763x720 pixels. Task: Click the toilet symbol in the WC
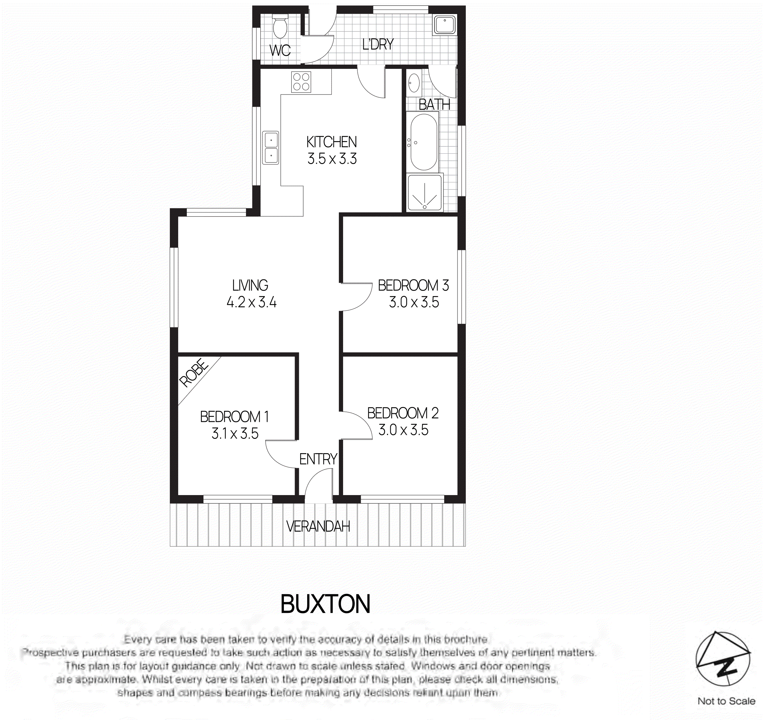click(279, 27)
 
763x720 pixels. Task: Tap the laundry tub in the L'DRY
click(445, 25)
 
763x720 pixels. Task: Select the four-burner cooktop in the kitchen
click(301, 82)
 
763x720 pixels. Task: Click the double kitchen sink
click(271, 148)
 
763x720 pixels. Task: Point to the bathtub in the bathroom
click(423, 142)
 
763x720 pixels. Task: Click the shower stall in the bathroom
click(425, 193)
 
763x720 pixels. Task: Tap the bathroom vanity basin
click(414, 83)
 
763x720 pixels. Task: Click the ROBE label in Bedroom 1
click(194, 373)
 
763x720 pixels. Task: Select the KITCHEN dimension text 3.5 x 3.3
click(332, 159)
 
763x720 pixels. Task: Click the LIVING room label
click(250, 285)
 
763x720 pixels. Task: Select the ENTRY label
click(318, 459)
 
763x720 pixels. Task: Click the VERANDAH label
click(318, 526)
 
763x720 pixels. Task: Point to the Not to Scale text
click(726, 701)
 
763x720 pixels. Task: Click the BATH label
click(434, 104)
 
